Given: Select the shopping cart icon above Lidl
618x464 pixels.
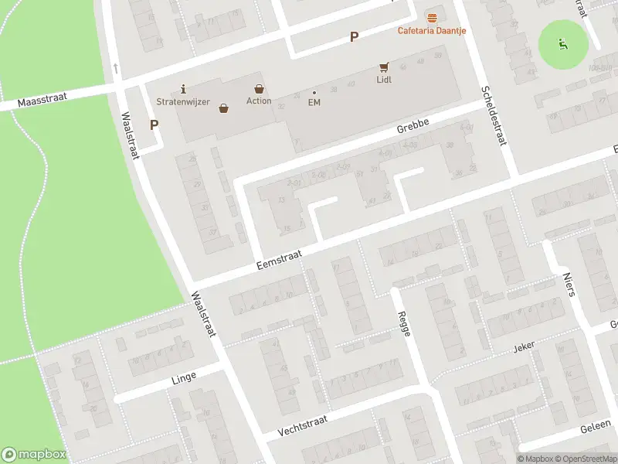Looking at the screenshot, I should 384,67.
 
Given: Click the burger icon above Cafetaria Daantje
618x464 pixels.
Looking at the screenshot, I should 431,17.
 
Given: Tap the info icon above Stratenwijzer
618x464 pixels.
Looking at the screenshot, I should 182,88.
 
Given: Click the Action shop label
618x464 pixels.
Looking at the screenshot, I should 259,101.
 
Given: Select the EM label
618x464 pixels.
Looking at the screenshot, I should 314,102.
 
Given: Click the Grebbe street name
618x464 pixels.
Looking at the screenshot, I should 412,128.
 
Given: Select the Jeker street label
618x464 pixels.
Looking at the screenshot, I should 524,347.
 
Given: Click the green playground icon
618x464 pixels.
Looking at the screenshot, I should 563,43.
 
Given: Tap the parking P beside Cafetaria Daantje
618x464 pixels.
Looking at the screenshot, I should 354,36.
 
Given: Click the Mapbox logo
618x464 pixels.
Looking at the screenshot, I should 34,454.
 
